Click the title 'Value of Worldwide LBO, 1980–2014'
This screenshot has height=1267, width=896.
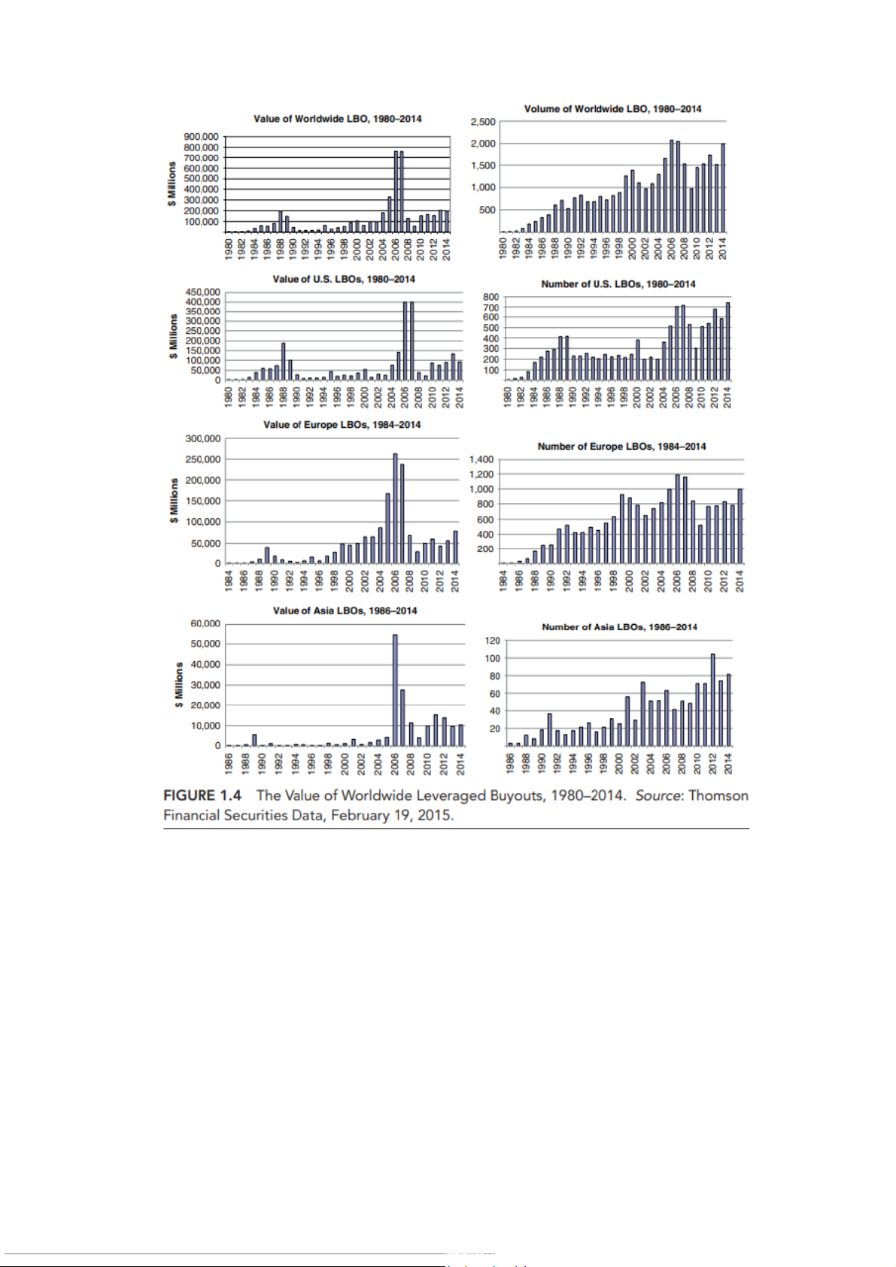[x=337, y=119]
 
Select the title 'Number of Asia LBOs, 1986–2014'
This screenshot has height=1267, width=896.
[x=619, y=627]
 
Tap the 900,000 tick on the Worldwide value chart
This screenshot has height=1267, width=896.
[x=201, y=137]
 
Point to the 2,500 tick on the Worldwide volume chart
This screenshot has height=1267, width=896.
[x=483, y=122]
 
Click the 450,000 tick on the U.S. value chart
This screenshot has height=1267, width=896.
[x=203, y=292]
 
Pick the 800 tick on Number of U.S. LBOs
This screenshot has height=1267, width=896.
[x=491, y=297]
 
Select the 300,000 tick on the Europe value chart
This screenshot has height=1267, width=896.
[x=203, y=438]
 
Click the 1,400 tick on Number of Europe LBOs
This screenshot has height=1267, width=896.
[x=481, y=459]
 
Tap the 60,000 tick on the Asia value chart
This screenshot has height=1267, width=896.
[x=205, y=623]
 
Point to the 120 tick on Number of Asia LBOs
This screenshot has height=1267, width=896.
[x=492, y=641]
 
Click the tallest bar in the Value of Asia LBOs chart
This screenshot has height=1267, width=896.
[x=395, y=690]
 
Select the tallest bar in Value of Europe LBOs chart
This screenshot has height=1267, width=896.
[x=395, y=508]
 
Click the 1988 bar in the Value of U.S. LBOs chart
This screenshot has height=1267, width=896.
[x=284, y=362]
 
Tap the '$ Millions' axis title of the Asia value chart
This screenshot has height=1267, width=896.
[x=179, y=684]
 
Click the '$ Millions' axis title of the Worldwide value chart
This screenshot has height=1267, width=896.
[x=172, y=184]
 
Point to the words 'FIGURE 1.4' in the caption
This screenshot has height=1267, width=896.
[x=202, y=796]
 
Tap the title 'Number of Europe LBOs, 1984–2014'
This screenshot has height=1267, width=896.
[x=621, y=447]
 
